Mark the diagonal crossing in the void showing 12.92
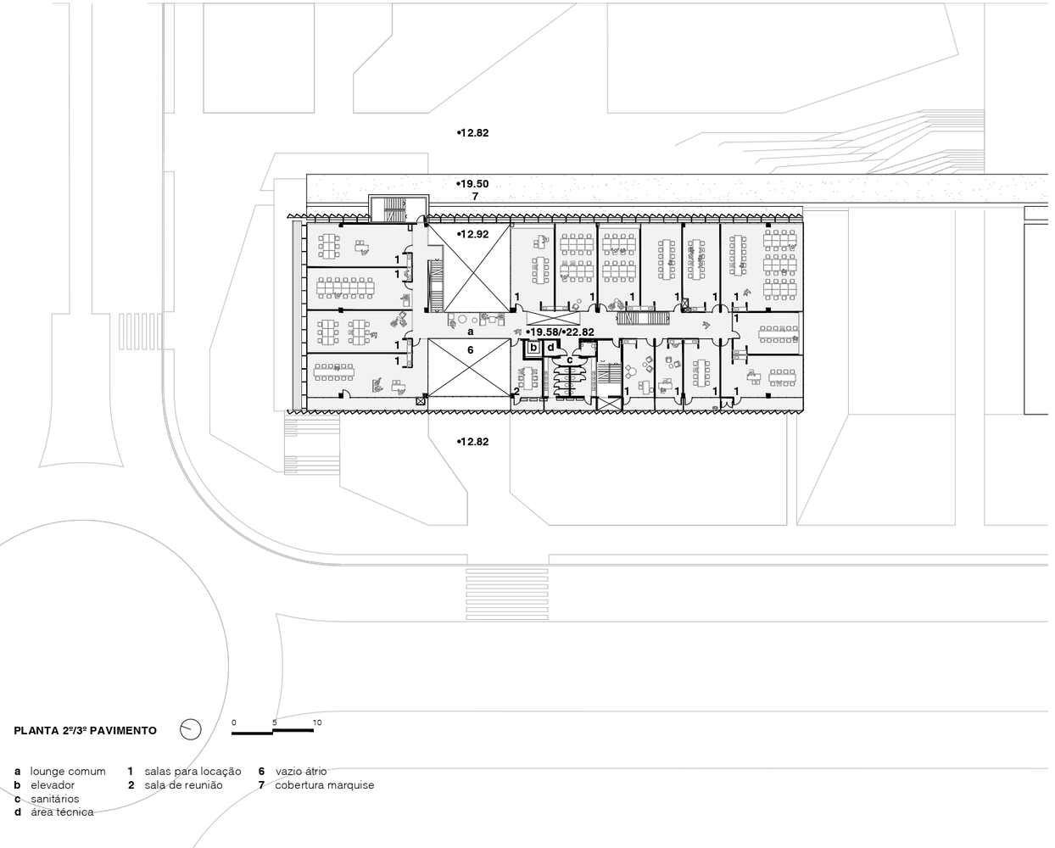[471, 269]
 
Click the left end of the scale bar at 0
[232, 734]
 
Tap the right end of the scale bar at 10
[314, 731]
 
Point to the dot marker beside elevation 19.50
[459, 184]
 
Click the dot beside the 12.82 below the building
[459, 442]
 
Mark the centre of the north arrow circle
[191, 730]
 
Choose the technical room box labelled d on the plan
[551, 348]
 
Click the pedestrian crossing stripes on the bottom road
[508, 594]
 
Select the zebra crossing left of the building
[140, 332]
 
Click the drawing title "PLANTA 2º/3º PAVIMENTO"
[86, 731]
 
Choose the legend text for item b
[53, 785]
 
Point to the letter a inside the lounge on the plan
[472, 332]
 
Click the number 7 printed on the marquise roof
[475, 197]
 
